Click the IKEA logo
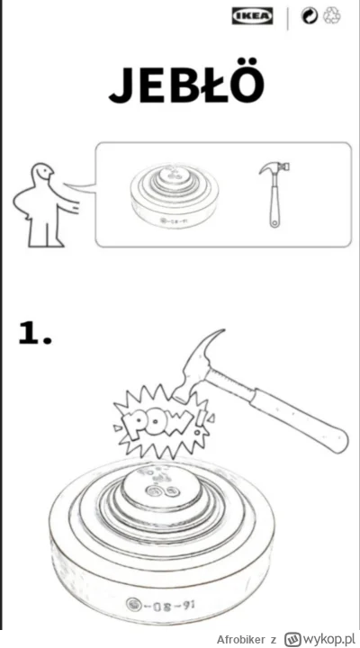[252, 15]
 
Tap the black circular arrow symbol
[310, 15]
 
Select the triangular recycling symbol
[332, 15]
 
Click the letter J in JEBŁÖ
[122, 86]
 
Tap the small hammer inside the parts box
[274, 194]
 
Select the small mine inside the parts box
[174, 196]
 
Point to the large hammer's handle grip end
[335, 438]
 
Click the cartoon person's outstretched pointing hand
[75, 206]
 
